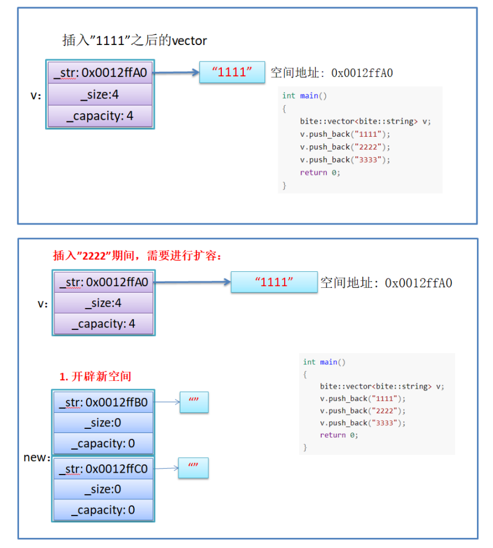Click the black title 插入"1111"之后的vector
[135, 40]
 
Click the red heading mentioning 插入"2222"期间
[138, 256]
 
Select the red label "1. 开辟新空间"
[96, 376]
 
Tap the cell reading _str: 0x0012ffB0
[103, 402]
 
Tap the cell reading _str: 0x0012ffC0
[103, 469]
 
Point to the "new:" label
[36, 457]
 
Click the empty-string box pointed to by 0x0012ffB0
[193, 402]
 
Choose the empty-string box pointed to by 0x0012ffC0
[193, 468]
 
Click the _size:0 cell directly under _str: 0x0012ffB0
[103, 423]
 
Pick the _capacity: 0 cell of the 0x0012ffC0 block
[103, 509]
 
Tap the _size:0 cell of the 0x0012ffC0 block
[103, 489]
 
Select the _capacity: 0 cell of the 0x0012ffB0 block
[103, 443]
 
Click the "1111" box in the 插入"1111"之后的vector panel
[232, 73]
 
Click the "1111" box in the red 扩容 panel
[274, 283]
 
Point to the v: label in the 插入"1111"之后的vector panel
[36, 95]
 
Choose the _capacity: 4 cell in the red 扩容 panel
[103, 324]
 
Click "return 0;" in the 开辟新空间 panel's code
[339, 435]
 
